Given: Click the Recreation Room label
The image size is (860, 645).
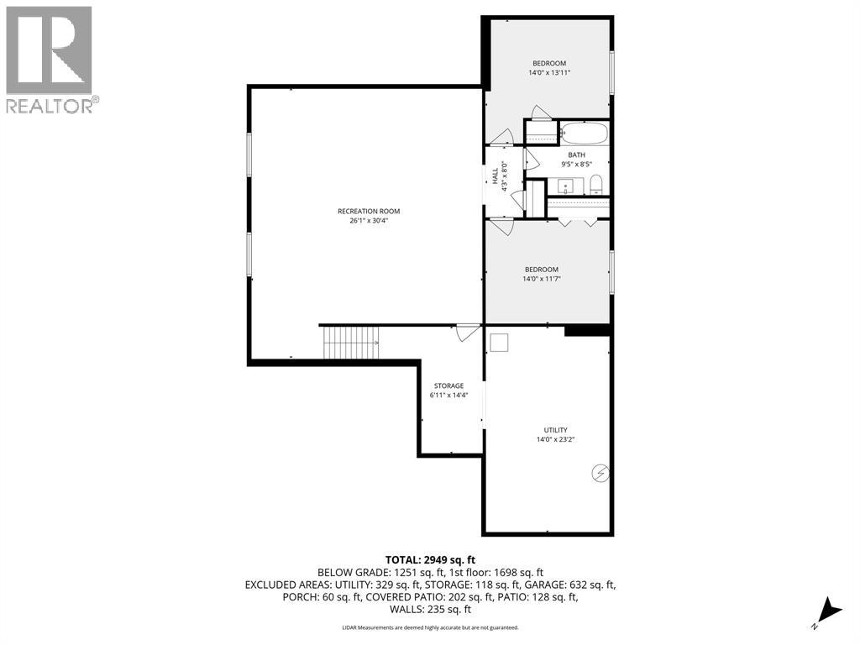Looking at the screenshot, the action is click(x=369, y=211).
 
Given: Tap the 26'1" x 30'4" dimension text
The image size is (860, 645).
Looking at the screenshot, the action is click(x=369, y=221).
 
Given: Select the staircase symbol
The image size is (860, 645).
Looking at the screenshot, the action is click(x=350, y=343).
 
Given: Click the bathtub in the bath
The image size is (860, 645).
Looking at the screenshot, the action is click(x=585, y=132).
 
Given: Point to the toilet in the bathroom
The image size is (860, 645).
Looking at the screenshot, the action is click(x=596, y=185).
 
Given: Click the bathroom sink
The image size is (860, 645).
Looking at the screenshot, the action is click(x=565, y=186).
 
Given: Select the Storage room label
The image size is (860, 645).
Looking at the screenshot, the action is click(x=448, y=385).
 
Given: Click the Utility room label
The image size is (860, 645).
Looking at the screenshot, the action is click(x=556, y=430).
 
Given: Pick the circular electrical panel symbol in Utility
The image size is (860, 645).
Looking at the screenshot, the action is click(x=600, y=474).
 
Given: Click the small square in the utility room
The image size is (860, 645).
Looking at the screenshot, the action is click(x=499, y=343).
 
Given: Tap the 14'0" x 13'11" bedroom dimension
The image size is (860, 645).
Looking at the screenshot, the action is click(x=549, y=72).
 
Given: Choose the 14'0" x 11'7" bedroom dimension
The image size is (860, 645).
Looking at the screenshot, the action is click(x=542, y=279).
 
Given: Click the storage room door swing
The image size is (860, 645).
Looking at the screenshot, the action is click(x=467, y=333).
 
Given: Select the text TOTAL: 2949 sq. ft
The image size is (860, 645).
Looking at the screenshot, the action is click(x=430, y=560).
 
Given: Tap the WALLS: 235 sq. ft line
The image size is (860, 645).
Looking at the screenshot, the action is click(x=430, y=610).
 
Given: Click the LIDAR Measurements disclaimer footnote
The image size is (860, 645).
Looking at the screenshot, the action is click(x=430, y=627).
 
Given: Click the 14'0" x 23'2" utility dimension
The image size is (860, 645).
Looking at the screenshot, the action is click(x=556, y=439).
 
